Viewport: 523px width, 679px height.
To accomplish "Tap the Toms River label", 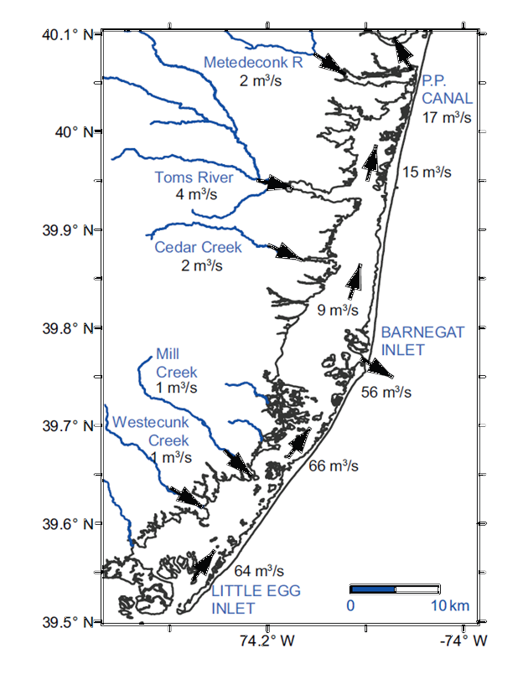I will (x=193, y=177).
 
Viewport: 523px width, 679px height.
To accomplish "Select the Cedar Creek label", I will (x=198, y=247).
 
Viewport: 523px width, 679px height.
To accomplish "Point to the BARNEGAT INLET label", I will (x=411, y=340).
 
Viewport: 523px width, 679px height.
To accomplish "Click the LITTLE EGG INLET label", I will (x=255, y=599).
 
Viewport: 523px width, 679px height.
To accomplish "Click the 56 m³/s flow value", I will (x=386, y=391).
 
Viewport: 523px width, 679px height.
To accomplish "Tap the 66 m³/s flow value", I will (x=334, y=466).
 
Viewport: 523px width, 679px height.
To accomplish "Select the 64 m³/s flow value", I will (x=258, y=571).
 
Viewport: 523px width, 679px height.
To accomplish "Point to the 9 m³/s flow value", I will (x=337, y=311).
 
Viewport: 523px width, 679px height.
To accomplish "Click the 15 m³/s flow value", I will (x=427, y=172).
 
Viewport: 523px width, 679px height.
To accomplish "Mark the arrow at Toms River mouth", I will (x=273, y=183).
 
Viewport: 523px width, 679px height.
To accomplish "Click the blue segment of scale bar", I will (x=372, y=589).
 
